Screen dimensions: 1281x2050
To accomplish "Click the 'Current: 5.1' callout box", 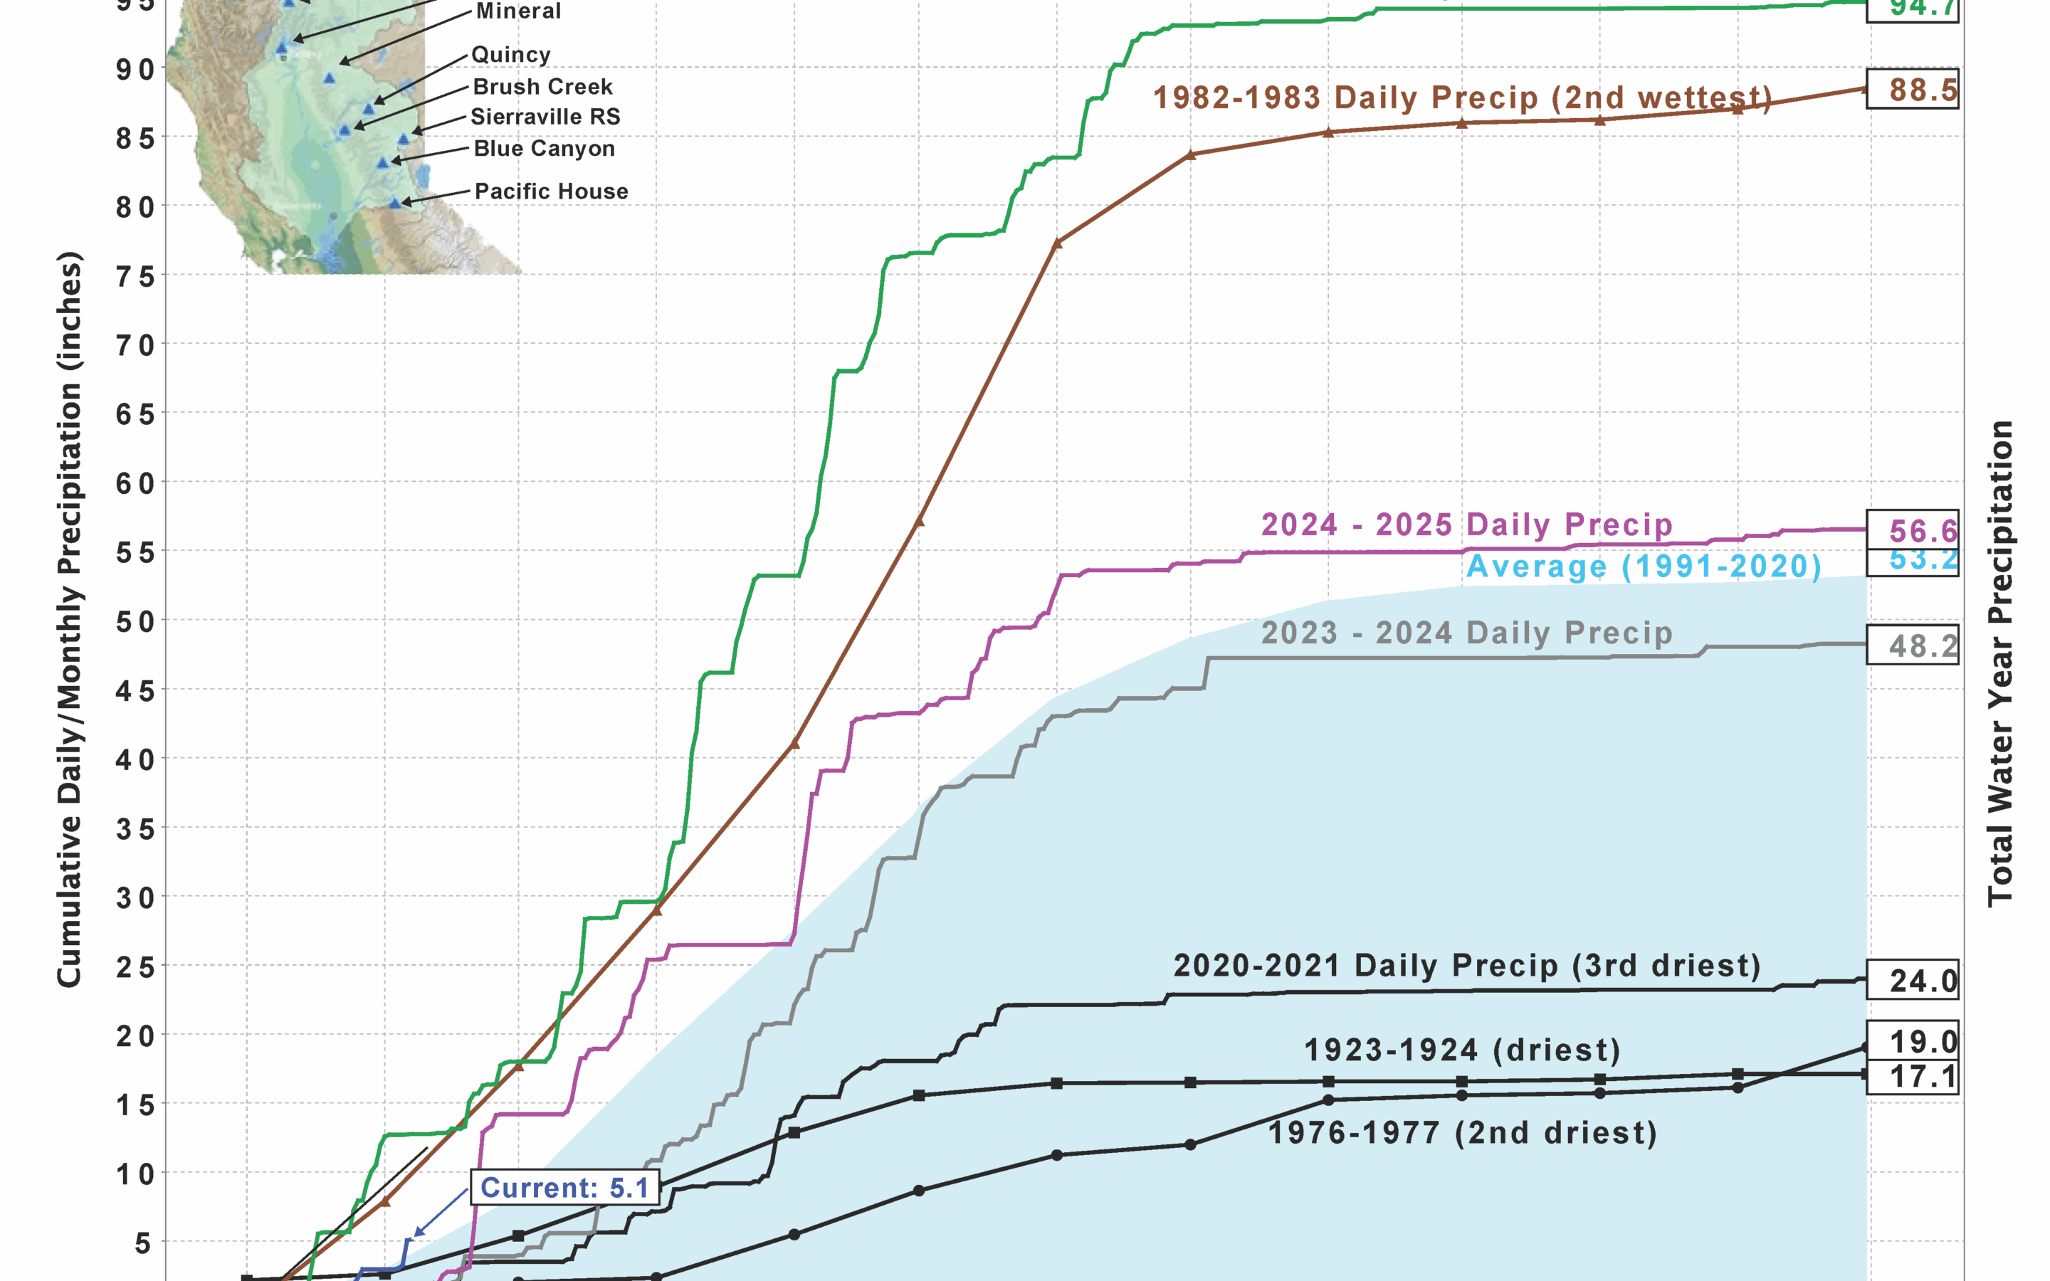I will click(x=564, y=1187).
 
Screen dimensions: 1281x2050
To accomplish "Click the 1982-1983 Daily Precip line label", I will click(x=1462, y=97).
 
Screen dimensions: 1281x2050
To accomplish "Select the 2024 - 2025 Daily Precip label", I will click(x=1466, y=524).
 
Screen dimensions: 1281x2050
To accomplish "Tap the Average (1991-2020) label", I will click(x=1644, y=566).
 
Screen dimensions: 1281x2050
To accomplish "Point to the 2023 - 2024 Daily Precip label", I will click(x=1466, y=633).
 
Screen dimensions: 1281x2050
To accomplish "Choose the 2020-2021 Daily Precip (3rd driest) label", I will click(x=1466, y=965).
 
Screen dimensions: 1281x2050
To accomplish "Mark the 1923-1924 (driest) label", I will click(x=1462, y=1050).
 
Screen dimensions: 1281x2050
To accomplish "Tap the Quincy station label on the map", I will click(x=511, y=54).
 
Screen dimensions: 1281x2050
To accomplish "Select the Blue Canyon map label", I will click(x=544, y=148).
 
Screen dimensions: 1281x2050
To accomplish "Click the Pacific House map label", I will click(x=551, y=191).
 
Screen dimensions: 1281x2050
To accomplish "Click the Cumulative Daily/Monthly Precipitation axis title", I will click(x=70, y=618).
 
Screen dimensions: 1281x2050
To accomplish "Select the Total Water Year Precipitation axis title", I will click(x=1999, y=663).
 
